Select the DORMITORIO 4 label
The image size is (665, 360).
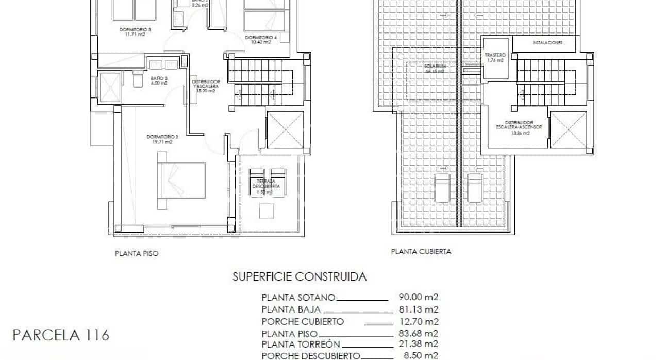[261, 37]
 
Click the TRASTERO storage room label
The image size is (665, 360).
[495, 55]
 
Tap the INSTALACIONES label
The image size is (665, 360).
[547, 42]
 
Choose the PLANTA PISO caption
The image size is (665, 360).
[136, 253]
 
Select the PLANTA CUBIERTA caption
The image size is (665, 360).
[421, 252]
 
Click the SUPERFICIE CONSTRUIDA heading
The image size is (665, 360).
[300, 277]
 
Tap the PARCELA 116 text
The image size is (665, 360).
[60, 336]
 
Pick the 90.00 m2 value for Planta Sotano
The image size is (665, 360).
[418, 297]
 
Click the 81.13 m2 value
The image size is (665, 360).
[418, 309]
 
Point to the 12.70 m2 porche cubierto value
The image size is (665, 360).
[418, 321]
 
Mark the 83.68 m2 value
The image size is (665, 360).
[418, 333]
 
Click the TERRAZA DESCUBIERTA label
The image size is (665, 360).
[266, 183]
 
